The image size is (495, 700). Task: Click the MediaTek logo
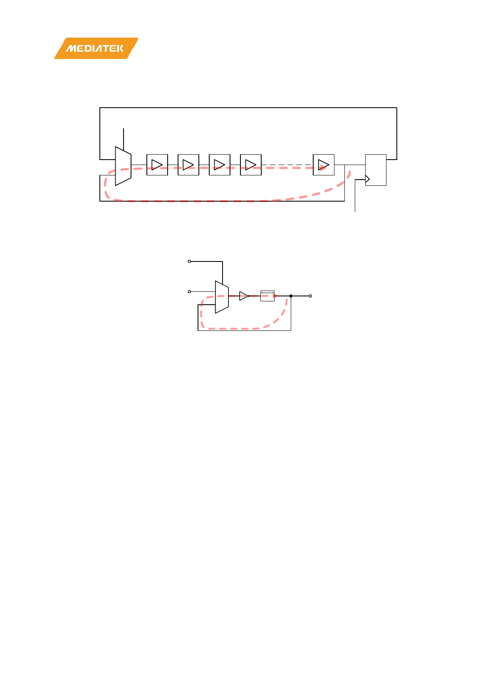[x=96, y=48]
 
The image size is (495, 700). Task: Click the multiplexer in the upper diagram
[x=123, y=166]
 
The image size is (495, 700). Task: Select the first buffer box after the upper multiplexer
[x=157, y=165]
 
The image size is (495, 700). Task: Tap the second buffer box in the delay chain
[x=188, y=165]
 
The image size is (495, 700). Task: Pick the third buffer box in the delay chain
[x=220, y=165]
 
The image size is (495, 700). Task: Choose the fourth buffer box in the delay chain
[x=251, y=165]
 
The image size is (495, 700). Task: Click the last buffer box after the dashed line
[x=324, y=165]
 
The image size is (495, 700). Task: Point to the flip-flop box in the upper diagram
[x=376, y=170]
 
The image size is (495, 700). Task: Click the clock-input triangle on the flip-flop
[x=367, y=179]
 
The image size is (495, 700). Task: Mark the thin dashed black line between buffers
[x=287, y=165]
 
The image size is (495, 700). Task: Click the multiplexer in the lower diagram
[x=222, y=297]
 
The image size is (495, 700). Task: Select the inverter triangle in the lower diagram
[x=244, y=296]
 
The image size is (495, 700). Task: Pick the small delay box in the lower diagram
[x=267, y=296]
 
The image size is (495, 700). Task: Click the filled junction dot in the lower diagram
[x=291, y=296]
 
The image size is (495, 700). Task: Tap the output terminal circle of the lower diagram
[x=310, y=296]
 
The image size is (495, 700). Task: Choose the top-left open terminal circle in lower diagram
[x=190, y=261]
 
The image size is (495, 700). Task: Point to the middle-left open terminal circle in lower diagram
[x=190, y=292]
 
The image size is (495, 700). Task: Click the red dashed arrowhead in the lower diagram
[x=276, y=296]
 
